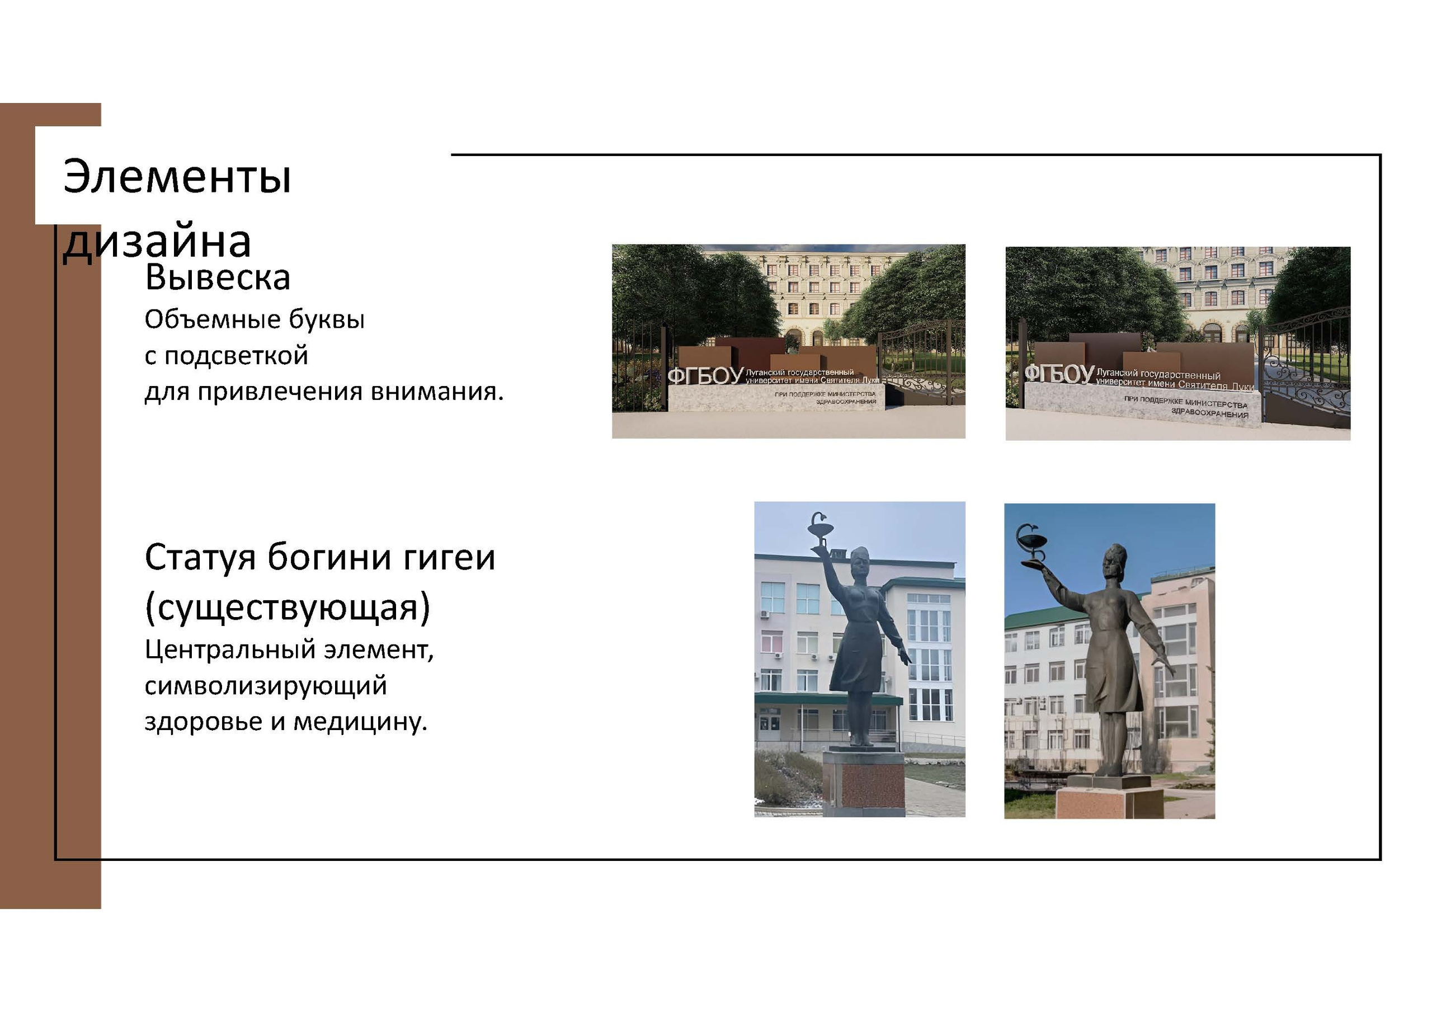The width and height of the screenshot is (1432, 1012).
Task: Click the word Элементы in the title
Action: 177,177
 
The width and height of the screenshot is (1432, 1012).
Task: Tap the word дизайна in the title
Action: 157,242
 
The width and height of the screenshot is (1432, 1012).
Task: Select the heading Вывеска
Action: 218,278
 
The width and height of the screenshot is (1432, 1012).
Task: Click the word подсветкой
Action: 235,356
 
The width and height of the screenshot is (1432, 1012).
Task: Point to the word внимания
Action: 436,392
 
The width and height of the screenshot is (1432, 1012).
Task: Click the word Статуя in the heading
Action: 200,557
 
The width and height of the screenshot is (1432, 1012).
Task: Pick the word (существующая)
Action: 288,607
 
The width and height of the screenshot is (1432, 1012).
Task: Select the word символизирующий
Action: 266,686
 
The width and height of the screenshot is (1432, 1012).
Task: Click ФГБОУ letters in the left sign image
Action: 705,376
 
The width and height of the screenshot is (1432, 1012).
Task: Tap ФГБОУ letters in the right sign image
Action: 1059,374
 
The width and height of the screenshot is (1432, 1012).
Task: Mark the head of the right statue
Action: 1113,562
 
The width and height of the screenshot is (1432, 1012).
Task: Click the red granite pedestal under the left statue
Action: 864,785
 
